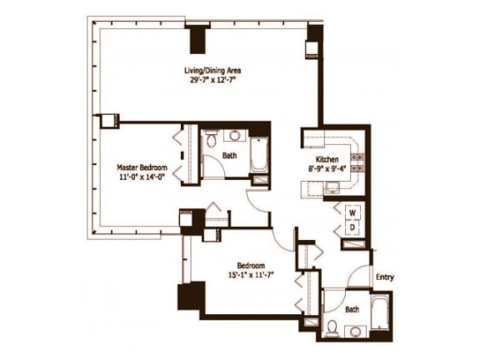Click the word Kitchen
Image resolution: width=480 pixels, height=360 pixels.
click(x=326, y=159)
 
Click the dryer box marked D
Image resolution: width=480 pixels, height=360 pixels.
click(x=352, y=227)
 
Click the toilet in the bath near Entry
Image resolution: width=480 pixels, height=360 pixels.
click(x=332, y=328)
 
